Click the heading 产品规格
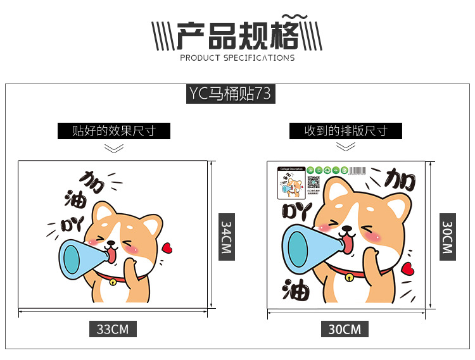tap(237, 37)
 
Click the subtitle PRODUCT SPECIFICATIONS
tap(237, 58)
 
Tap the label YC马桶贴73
tap(230, 94)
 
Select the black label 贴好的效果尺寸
tap(114, 131)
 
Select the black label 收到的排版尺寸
tap(345, 131)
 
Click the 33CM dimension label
tap(113, 329)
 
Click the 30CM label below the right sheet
tap(345, 329)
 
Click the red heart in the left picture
tap(167, 248)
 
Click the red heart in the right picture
tap(408, 268)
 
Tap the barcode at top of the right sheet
tap(360, 170)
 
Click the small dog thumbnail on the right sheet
tap(290, 187)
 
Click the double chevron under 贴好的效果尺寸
tap(114, 148)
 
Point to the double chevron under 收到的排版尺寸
tap(345, 147)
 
